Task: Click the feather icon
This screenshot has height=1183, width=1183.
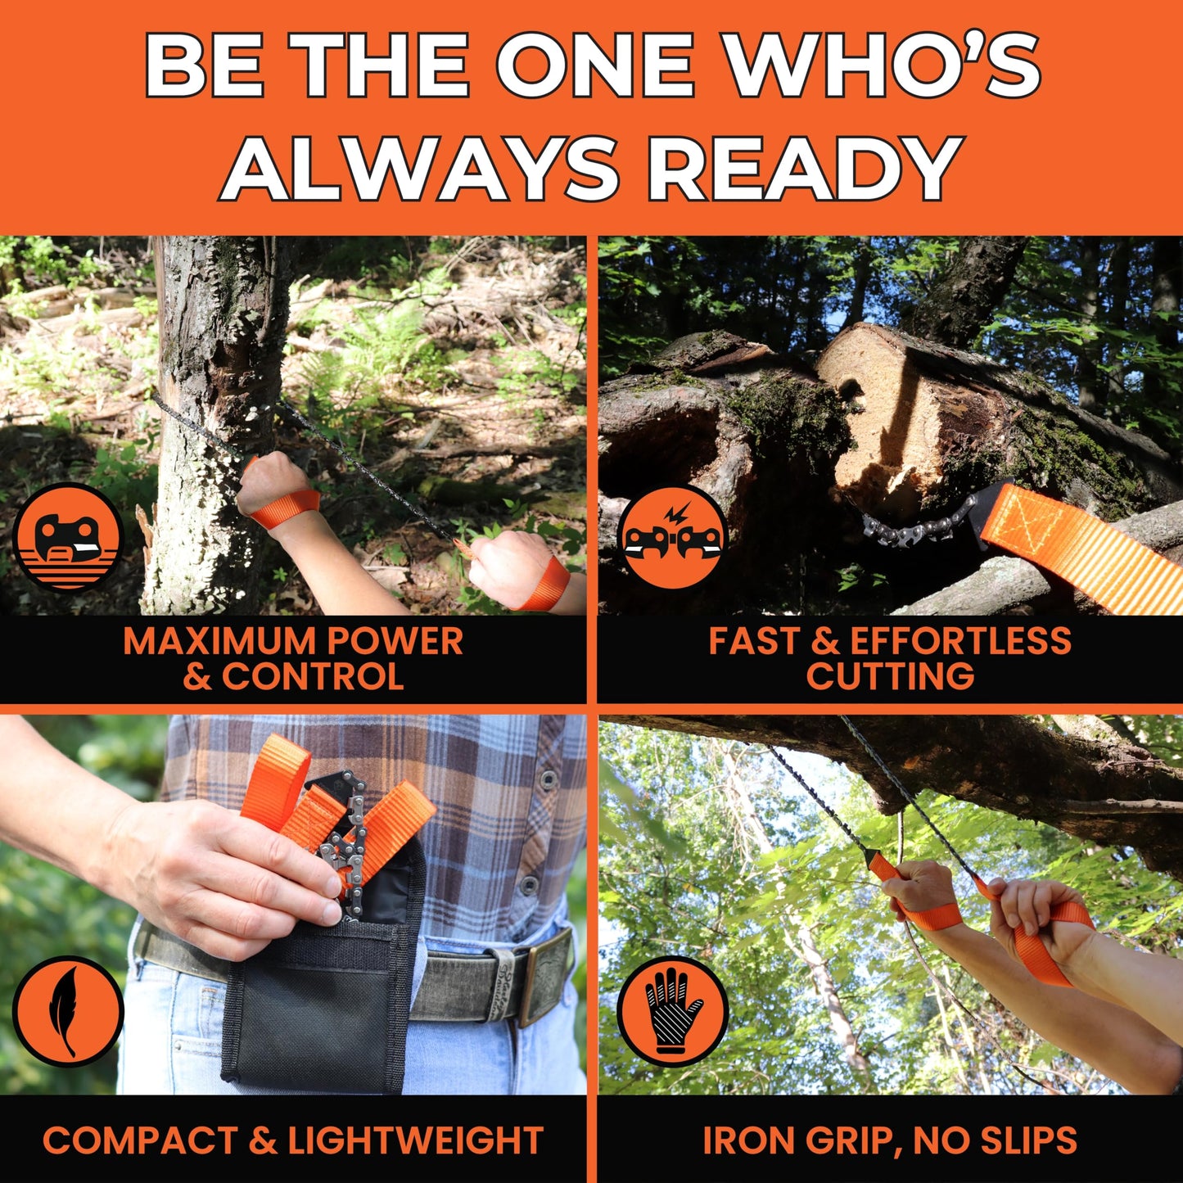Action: pyautogui.click(x=68, y=1012)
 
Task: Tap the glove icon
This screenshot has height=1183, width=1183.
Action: pyautogui.click(x=672, y=1012)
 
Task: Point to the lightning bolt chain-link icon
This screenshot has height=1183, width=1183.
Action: pyautogui.click(x=672, y=537)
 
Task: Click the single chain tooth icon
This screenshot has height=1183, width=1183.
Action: pyautogui.click(x=68, y=537)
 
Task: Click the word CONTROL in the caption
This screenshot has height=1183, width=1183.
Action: pyautogui.click(x=313, y=677)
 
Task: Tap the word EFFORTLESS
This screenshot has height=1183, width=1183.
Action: pyautogui.click(x=960, y=641)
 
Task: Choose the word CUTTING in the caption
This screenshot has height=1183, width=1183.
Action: pyautogui.click(x=890, y=677)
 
